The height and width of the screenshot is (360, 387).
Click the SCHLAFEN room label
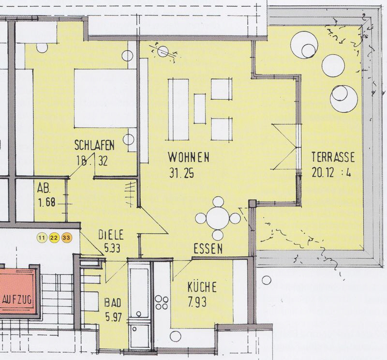click(x=94, y=146)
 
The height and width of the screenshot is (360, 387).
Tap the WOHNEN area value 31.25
click(x=182, y=173)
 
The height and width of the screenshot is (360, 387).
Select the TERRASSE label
click(x=333, y=157)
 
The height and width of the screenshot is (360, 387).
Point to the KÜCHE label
click(x=202, y=287)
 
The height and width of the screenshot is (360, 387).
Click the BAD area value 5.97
click(x=114, y=317)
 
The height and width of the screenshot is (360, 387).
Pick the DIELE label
click(x=111, y=235)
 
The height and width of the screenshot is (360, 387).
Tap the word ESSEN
click(x=208, y=249)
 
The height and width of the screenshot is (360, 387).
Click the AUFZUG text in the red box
click(x=17, y=300)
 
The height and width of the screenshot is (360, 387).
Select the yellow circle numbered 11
click(x=42, y=238)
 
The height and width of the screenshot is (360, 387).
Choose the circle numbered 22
click(x=54, y=238)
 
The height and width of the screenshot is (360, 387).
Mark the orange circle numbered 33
click(x=66, y=238)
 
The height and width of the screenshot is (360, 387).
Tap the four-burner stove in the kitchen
click(x=162, y=302)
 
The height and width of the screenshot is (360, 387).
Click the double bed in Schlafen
click(x=105, y=99)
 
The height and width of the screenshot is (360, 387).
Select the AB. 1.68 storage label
click(x=46, y=195)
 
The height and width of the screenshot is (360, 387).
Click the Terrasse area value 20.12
click(x=323, y=172)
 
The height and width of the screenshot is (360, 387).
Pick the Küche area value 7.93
click(x=197, y=301)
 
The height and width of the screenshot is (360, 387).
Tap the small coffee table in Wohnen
click(x=200, y=109)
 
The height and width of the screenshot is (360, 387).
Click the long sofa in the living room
click(x=179, y=110)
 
